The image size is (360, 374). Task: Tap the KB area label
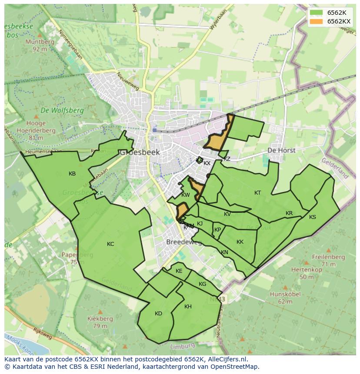pos(72,174)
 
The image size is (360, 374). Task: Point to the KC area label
pos(110,244)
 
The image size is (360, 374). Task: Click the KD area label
pos(158,314)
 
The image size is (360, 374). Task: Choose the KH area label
pos(188,307)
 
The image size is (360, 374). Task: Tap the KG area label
pos(202,284)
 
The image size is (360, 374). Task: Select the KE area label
pos(179,271)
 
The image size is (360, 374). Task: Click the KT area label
pos(258,193)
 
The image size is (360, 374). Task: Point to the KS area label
pos(313,217)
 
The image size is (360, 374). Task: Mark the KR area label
pos(289,213)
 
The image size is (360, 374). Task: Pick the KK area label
pos(240,242)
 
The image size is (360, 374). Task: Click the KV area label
pos(227,214)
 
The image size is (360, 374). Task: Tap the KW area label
pos(186,195)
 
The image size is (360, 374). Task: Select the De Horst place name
pos(281,150)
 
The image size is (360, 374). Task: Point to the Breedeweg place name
pos(184,242)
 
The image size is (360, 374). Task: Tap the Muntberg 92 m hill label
pos(40,45)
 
